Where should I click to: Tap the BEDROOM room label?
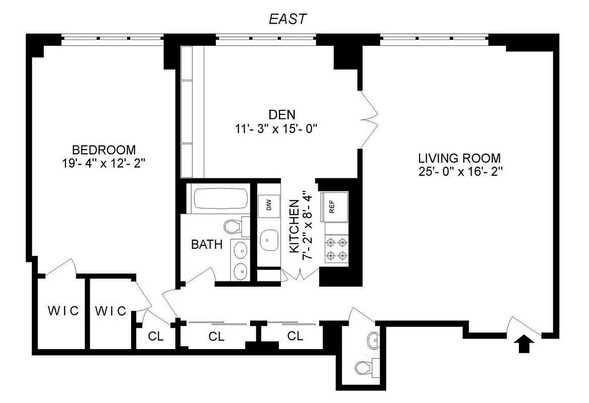(x=104, y=150)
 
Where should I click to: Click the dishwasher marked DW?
(x=269, y=205)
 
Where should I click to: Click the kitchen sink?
(x=269, y=240)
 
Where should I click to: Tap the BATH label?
(x=206, y=245)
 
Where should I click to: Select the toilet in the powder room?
(x=364, y=368)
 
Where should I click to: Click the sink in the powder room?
(x=374, y=341)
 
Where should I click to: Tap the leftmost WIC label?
(x=64, y=311)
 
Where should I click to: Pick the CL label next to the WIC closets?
(x=156, y=337)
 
